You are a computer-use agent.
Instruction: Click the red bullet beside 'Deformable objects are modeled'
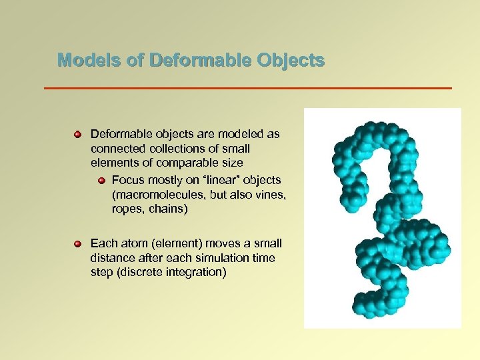pos(77,135)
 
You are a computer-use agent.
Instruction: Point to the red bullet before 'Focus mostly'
pos(101,181)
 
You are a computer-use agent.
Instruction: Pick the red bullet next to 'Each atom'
pos(77,244)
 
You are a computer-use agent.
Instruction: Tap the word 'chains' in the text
pos(169,209)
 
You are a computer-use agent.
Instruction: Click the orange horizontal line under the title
pos(247,88)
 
